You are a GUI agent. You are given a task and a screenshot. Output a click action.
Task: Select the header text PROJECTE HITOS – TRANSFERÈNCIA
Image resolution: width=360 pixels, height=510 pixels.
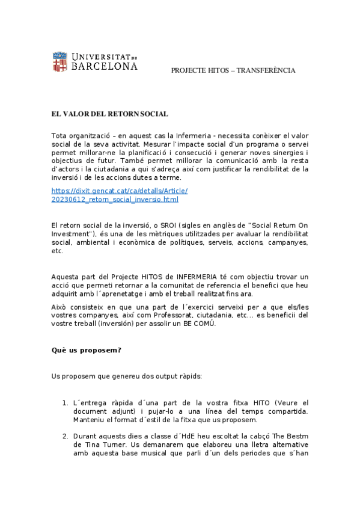pos(233,70)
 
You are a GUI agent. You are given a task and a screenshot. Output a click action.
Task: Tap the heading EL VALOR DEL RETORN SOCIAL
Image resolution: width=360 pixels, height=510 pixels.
pos(109,114)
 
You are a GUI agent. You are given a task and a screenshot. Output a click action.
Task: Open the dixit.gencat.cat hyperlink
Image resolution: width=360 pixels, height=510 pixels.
pos(120,194)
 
